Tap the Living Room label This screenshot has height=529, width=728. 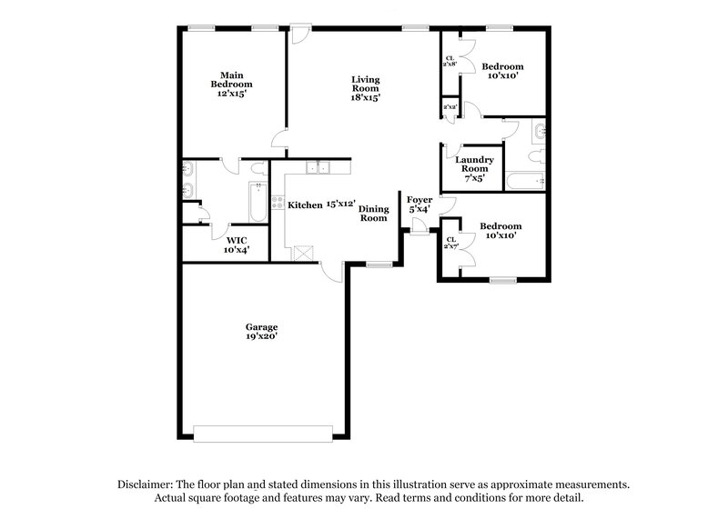pos(366,88)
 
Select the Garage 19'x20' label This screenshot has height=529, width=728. pos(260,331)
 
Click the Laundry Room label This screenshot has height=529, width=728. pos(474,168)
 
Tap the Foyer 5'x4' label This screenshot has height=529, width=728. pos(419,204)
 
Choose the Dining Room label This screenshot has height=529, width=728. pos(373,214)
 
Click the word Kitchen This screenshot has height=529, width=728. pos(305,205)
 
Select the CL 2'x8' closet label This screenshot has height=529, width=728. pos(450,62)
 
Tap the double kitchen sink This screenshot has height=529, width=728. pos(317,166)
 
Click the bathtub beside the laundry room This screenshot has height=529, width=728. pos(523,179)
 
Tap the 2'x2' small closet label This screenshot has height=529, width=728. pos(449,108)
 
